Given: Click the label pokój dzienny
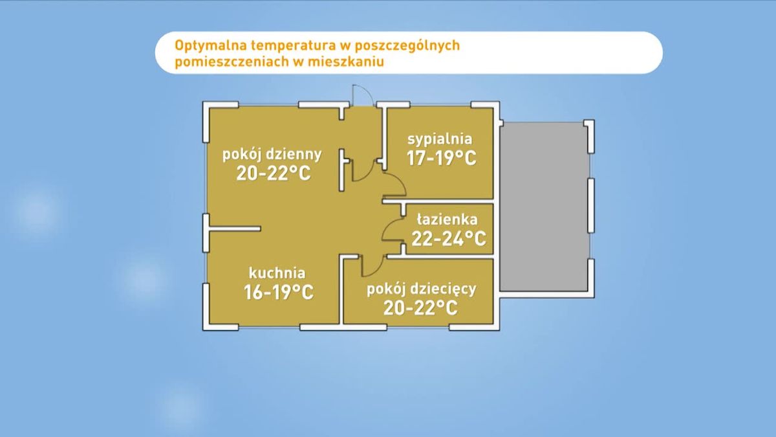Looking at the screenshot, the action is point(272,155).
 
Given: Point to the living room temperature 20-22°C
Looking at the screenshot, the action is point(274,173).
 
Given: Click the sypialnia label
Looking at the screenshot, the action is point(440,139).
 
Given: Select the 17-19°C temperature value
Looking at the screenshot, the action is point(441,158).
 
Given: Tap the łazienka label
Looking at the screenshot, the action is point(447,219).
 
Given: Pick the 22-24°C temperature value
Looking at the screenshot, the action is point(449,238).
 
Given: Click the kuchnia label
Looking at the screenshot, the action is point(277,273).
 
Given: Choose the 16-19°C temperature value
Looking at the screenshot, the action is point(279,292).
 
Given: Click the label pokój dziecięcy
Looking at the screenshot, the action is point(421,289).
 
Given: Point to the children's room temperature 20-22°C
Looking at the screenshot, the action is point(420,308).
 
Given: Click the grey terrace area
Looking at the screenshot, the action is point(544,207).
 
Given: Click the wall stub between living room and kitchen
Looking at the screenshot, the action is point(235,229).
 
